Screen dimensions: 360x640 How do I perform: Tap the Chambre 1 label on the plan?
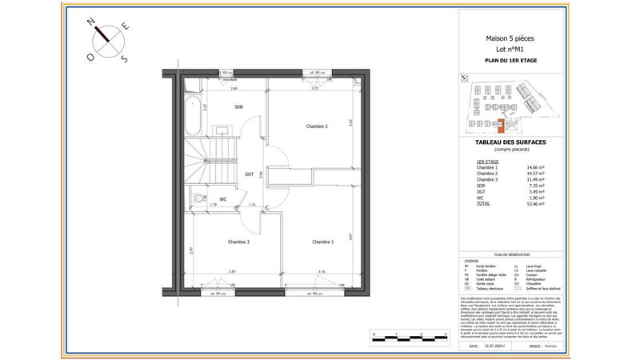pos(323,242)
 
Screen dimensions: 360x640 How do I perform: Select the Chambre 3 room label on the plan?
pos(238,242)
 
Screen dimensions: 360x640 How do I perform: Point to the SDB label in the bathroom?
pos(238,106)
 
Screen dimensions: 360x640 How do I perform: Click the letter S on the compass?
pos(122,58)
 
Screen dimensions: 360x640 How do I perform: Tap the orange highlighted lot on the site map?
pos(502,124)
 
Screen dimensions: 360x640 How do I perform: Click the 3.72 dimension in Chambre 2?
pos(315,89)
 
